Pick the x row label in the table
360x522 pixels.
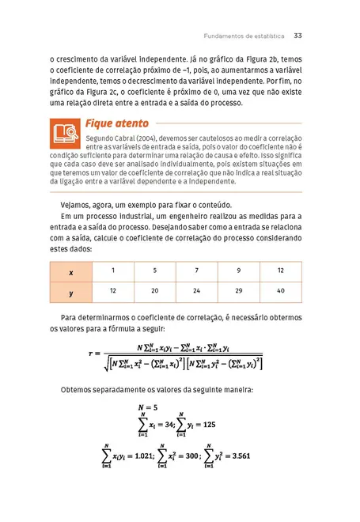(71, 271)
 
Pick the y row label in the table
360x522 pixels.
(71, 292)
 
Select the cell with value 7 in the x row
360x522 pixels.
(197, 271)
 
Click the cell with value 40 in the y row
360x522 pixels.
(281, 292)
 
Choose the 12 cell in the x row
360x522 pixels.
(281, 271)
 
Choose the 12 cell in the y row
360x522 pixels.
(113, 292)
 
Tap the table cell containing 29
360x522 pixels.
(239, 292)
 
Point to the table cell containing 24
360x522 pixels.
(197, 292)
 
